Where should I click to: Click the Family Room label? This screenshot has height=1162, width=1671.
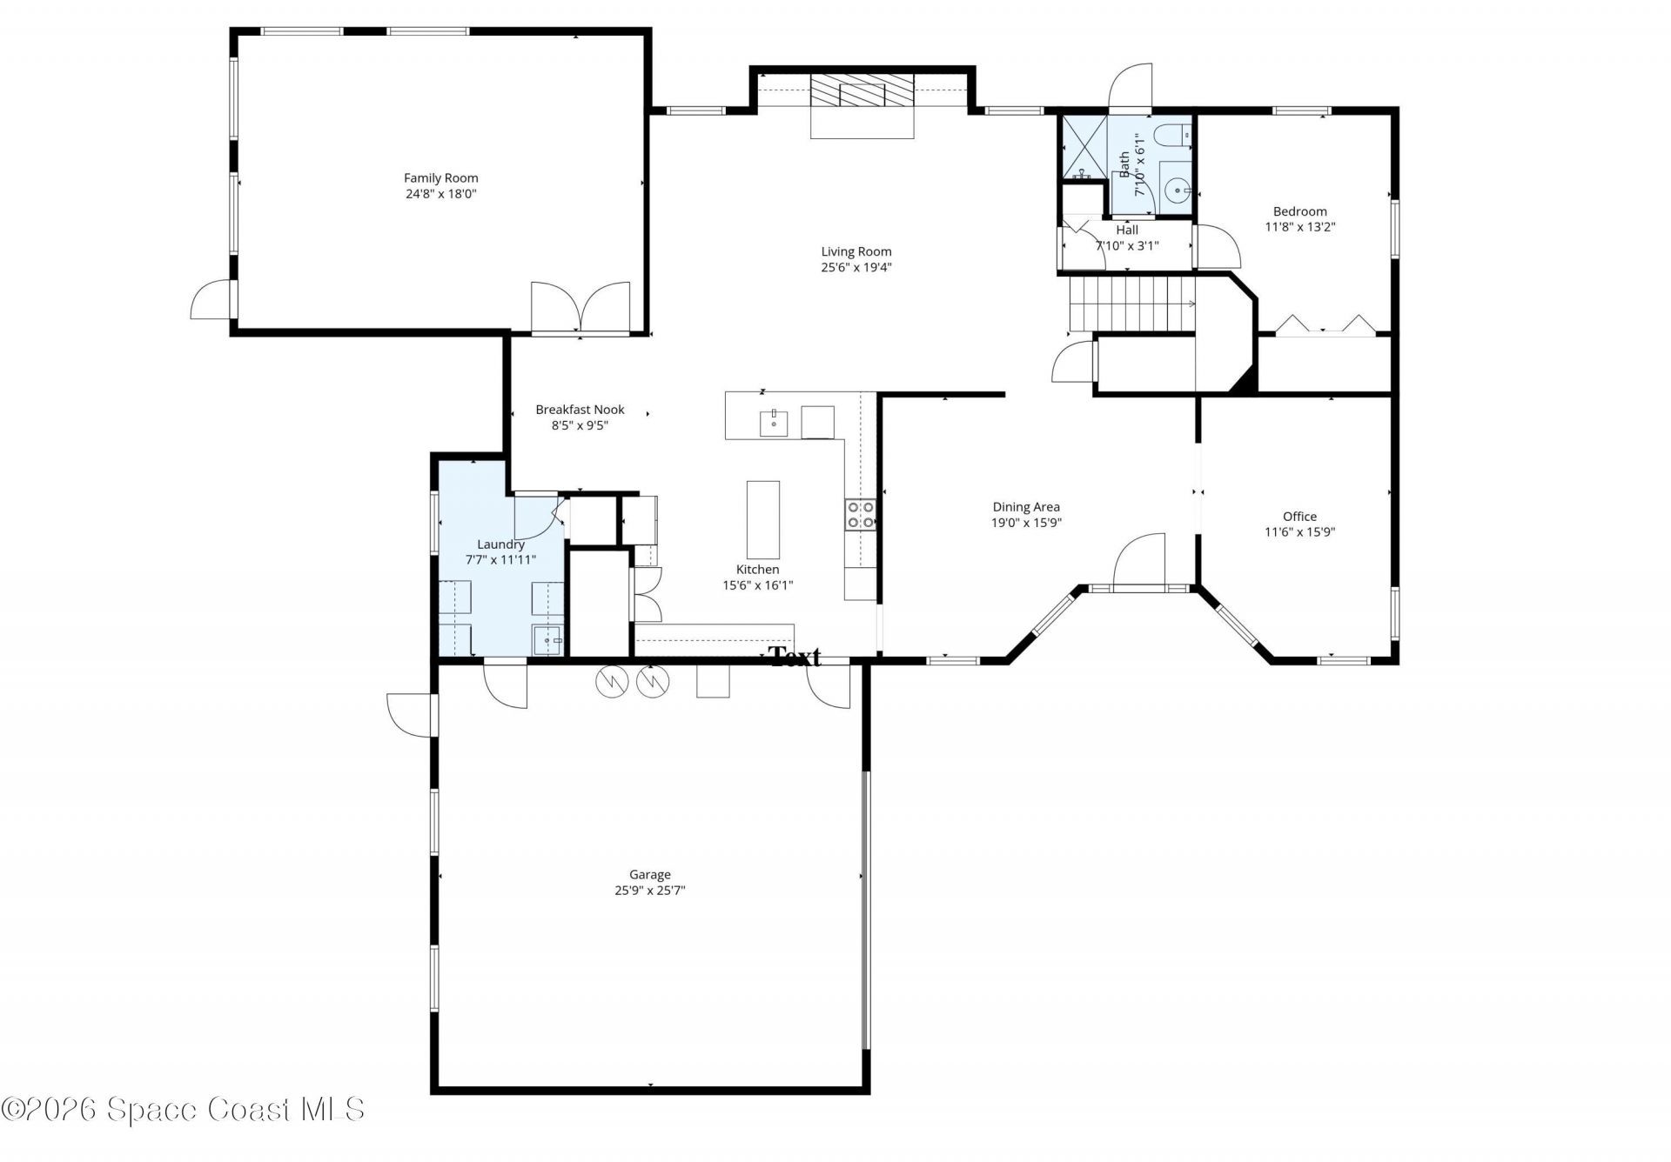click(x=440, y=178)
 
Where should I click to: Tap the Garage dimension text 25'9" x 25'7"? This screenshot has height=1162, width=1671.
click(x=649, y=891)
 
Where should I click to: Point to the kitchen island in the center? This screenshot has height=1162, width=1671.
click(x=762, y=519)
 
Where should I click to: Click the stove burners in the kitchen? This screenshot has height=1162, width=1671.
click(x=859, y=515)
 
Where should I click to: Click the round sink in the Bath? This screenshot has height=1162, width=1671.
click(x=1176, y=189)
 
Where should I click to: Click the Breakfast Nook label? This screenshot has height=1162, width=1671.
click(x=580, y=410)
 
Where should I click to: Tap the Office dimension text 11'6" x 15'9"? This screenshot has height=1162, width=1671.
click(x=1299, y=532)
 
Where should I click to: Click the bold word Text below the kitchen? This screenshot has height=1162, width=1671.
click(x=795, y=657)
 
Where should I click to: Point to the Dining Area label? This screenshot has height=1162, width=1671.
click(x=1026, y=507)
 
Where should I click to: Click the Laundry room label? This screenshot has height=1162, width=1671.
click(x=500, y=544)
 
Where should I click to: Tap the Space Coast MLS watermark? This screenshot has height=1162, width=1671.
click(x=183, y=1109)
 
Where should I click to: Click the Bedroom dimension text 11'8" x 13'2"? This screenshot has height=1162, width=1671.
click(x=1299, y=227)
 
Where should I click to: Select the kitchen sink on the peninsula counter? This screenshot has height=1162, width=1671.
click(x=773, y=423)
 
